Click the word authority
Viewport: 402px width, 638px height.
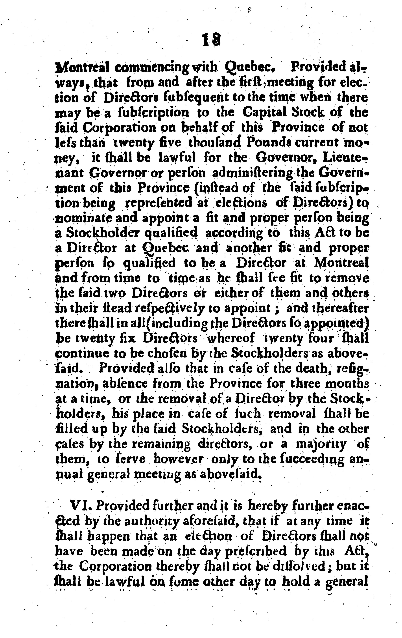(x=146, y=522)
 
